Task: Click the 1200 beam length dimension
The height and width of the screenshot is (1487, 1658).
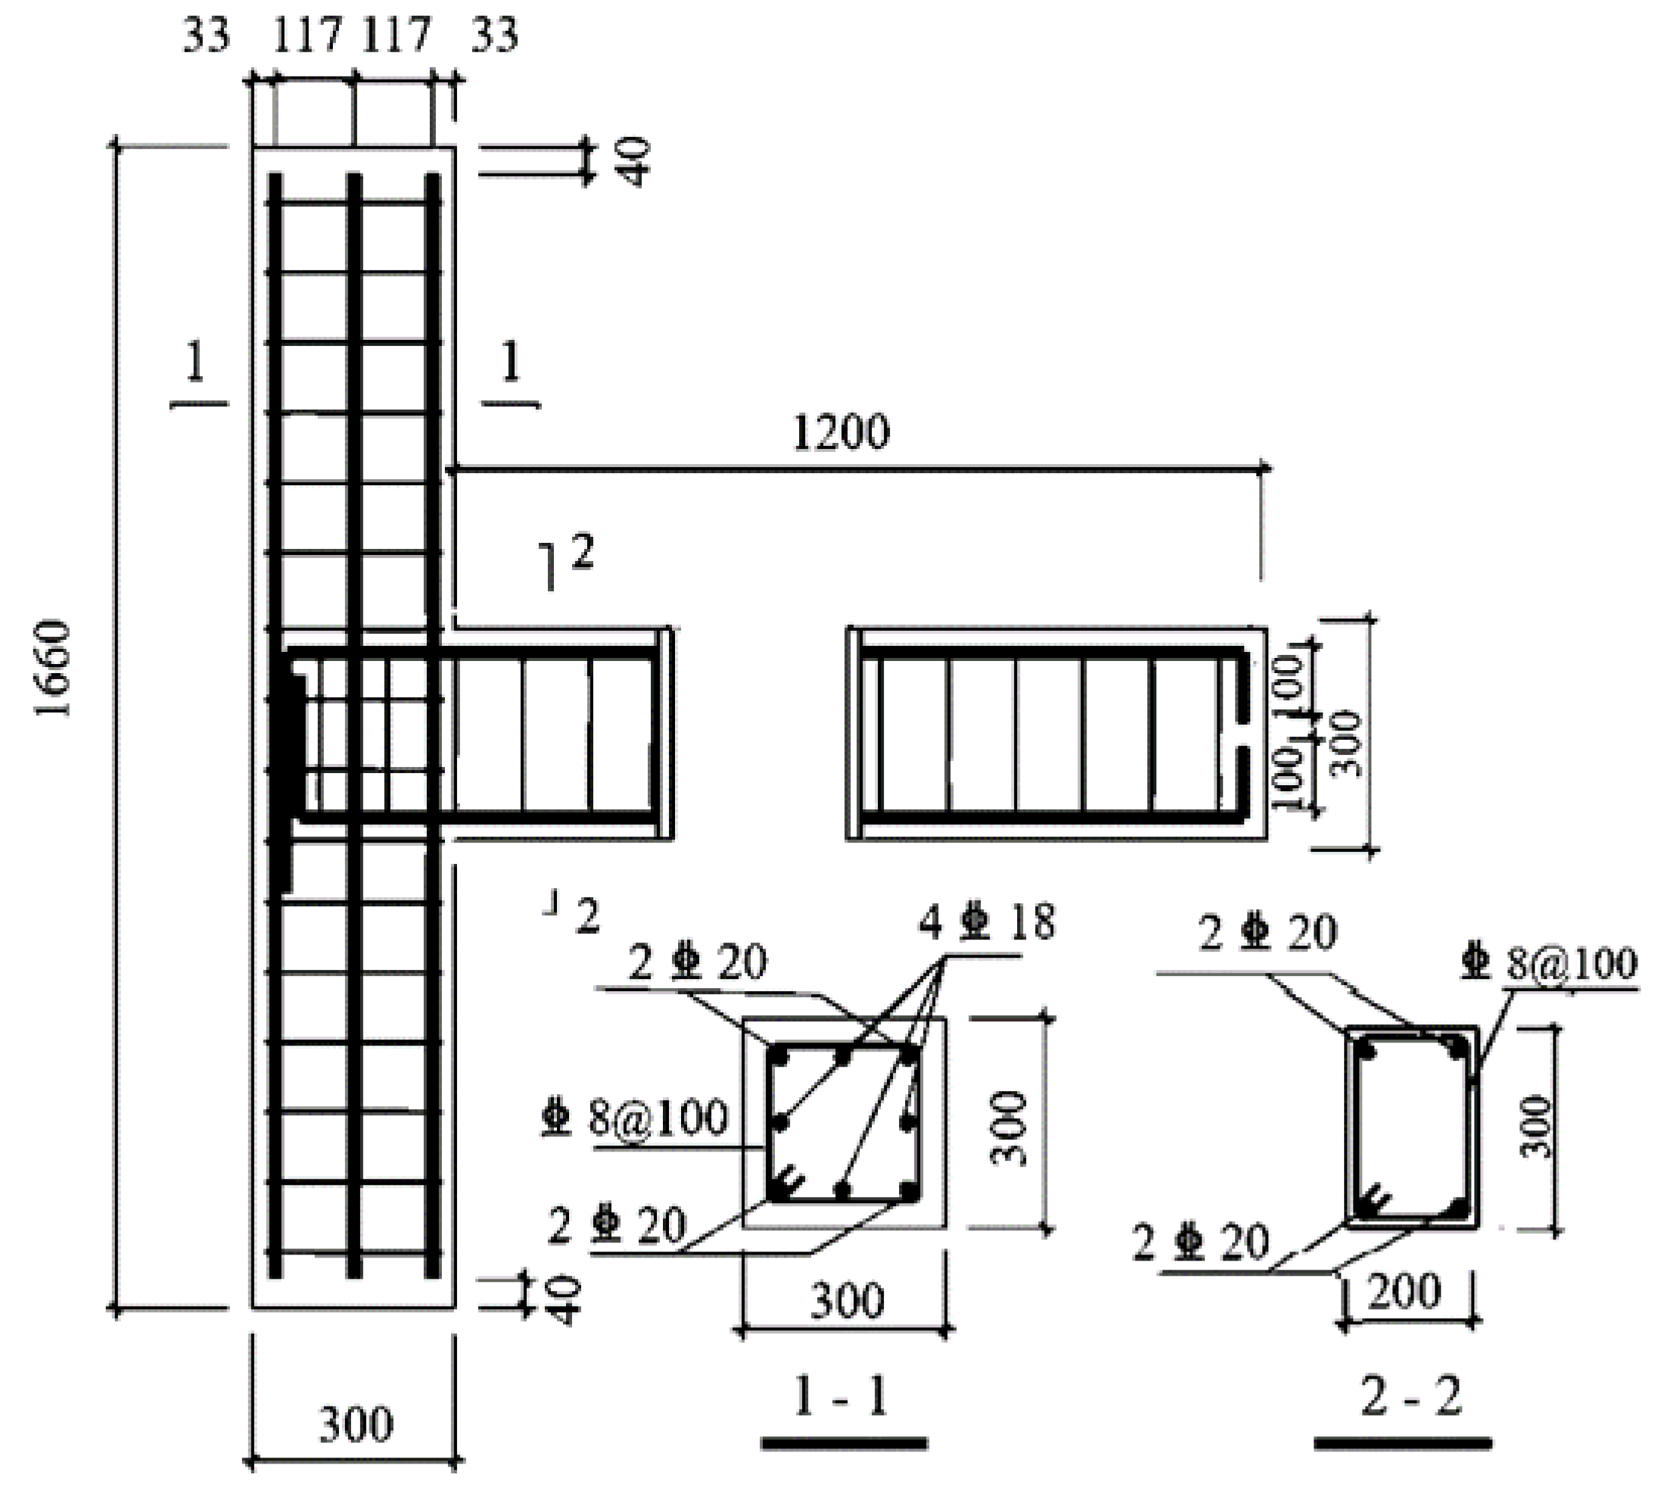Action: tap(841, 432)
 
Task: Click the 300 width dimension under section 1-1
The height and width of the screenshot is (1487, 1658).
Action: tap(847, 1300)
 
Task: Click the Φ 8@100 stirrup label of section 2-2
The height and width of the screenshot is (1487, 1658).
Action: tap(1548, 964)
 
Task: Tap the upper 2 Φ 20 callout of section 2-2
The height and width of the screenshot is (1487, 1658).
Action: tap(1267, 934)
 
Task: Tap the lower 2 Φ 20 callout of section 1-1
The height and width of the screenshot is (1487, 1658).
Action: tap(617, 1225)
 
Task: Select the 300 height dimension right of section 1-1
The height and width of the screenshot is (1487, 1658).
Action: tap(1009, 1127)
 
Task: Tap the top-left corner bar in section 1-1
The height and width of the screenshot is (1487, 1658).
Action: tap(779, 1056)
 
